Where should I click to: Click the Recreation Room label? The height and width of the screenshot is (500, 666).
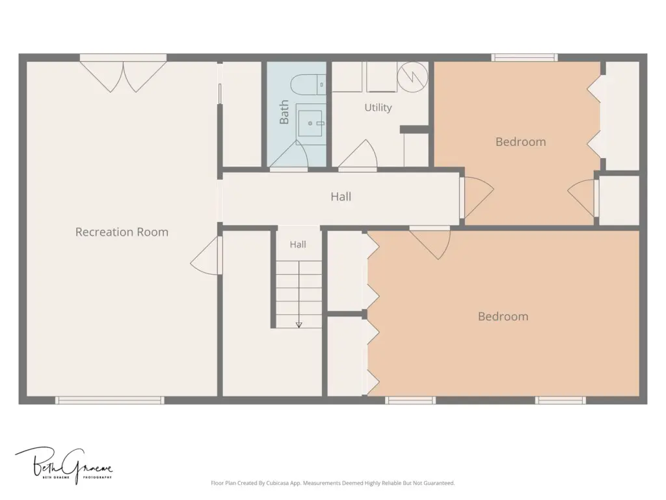[x=122, y=232]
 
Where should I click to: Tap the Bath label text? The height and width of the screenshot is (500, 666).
[x=284, y=112]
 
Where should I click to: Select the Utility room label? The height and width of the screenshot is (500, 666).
[x=378, y=107]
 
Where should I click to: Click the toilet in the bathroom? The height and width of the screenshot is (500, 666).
[x=308, y=84]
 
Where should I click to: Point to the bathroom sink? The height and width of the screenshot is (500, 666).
[x=310, y=123]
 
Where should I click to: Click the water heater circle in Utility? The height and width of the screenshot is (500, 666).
[x=412, y=76]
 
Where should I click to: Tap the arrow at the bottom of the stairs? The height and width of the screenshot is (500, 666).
[x=299, y=325]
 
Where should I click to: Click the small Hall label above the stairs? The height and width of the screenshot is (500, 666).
[x=298, y=245]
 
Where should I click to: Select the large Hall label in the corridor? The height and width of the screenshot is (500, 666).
[x=341, y=197]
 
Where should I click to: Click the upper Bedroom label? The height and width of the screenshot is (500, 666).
[x=521, y=141]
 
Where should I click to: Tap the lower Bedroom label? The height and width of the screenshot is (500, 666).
[x=503, y=316]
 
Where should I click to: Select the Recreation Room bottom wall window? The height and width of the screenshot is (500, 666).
[x=109, y=400]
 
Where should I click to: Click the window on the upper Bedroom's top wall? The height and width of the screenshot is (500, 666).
[x=525, y=57]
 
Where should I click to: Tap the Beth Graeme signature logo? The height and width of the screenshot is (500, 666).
[x=64, y=465]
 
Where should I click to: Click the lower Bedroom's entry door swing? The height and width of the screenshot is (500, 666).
[x=430, y=242]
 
